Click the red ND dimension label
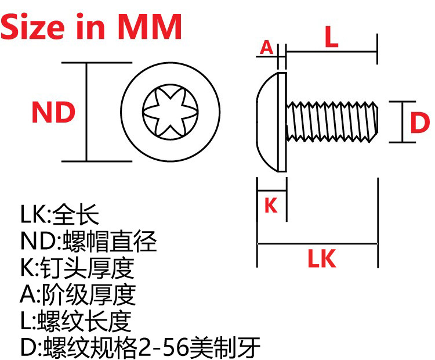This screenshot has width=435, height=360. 53,113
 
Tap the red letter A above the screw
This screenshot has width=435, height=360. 266,47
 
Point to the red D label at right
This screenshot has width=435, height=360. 419,123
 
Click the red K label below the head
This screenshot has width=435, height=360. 271,205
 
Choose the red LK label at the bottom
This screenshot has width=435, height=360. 321,260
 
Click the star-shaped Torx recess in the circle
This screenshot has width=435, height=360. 172,113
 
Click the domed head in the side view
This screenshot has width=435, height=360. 268,121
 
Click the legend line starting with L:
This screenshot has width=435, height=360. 76,321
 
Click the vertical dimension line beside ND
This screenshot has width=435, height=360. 86,112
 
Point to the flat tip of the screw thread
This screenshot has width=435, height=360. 378,121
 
